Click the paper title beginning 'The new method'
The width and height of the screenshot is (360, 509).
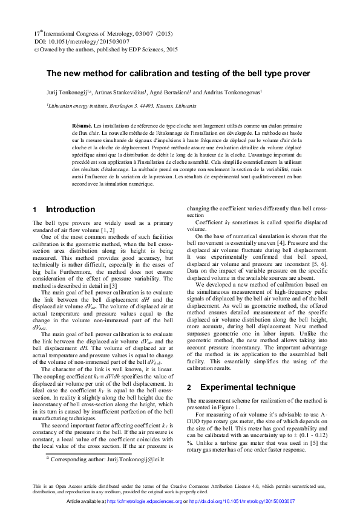pos(178,74)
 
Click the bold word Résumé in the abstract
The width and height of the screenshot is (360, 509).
pos(81,124)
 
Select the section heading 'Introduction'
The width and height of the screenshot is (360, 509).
pos(70,210)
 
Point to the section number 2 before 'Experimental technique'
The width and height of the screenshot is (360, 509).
pos(189,387)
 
